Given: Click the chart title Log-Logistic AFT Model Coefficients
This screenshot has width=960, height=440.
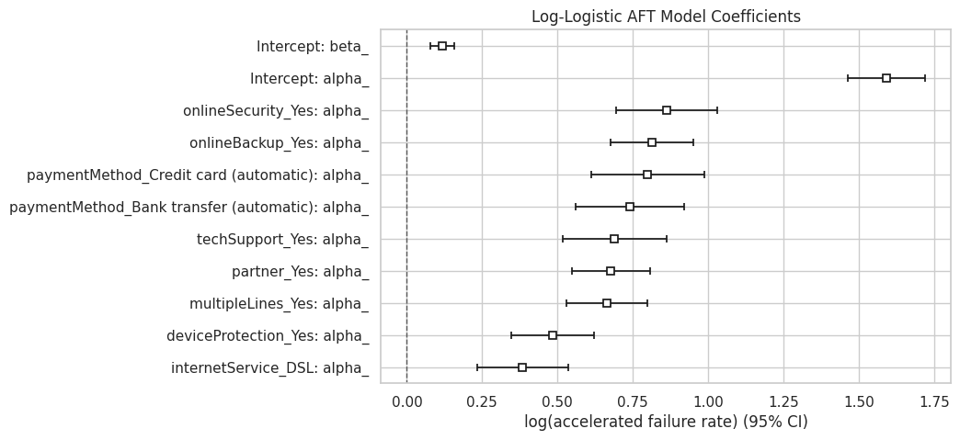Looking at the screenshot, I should [x=666, y=17].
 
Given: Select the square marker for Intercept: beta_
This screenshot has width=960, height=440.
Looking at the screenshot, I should [x=442, y=46].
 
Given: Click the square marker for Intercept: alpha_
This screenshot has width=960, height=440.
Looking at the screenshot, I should [x=886, y=78].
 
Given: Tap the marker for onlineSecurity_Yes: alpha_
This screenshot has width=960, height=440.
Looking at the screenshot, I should [x=667, y=110].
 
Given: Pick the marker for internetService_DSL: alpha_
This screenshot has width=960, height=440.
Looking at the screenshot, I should [x=522, y=367].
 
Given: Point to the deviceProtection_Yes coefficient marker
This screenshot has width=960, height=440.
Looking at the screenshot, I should [x=553, y=335].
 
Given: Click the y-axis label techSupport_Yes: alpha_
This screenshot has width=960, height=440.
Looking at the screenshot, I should [x=282, y=240].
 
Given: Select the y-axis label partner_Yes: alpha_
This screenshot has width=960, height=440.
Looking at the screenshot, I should [x=301, y=272].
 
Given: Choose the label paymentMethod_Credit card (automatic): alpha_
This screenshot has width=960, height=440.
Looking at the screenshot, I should [x=198, y=175].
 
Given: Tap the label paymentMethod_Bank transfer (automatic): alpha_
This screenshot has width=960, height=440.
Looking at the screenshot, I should [x=189, y=208].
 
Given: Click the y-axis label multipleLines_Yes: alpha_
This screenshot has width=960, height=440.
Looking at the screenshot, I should [x=279, y=304].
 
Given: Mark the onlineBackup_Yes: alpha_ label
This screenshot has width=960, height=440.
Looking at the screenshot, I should [x=279, y=143].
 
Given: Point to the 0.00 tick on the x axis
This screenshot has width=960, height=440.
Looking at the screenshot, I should [x=406, y=401].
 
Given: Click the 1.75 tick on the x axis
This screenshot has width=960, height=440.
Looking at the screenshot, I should [x=934, y=401].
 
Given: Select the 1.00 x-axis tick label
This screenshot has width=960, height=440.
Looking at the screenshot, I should [x=708, y=401].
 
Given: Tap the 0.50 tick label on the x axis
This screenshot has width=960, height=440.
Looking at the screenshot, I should [x=557, y=401].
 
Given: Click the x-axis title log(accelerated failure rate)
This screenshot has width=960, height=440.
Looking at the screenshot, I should [x=666, y=423].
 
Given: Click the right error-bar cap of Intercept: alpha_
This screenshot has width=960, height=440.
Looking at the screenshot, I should [x=925, y=78].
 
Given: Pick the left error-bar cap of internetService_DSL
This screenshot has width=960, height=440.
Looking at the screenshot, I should [x=477, y=367].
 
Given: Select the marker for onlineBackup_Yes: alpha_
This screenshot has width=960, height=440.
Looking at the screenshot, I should [x=652, y=142].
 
